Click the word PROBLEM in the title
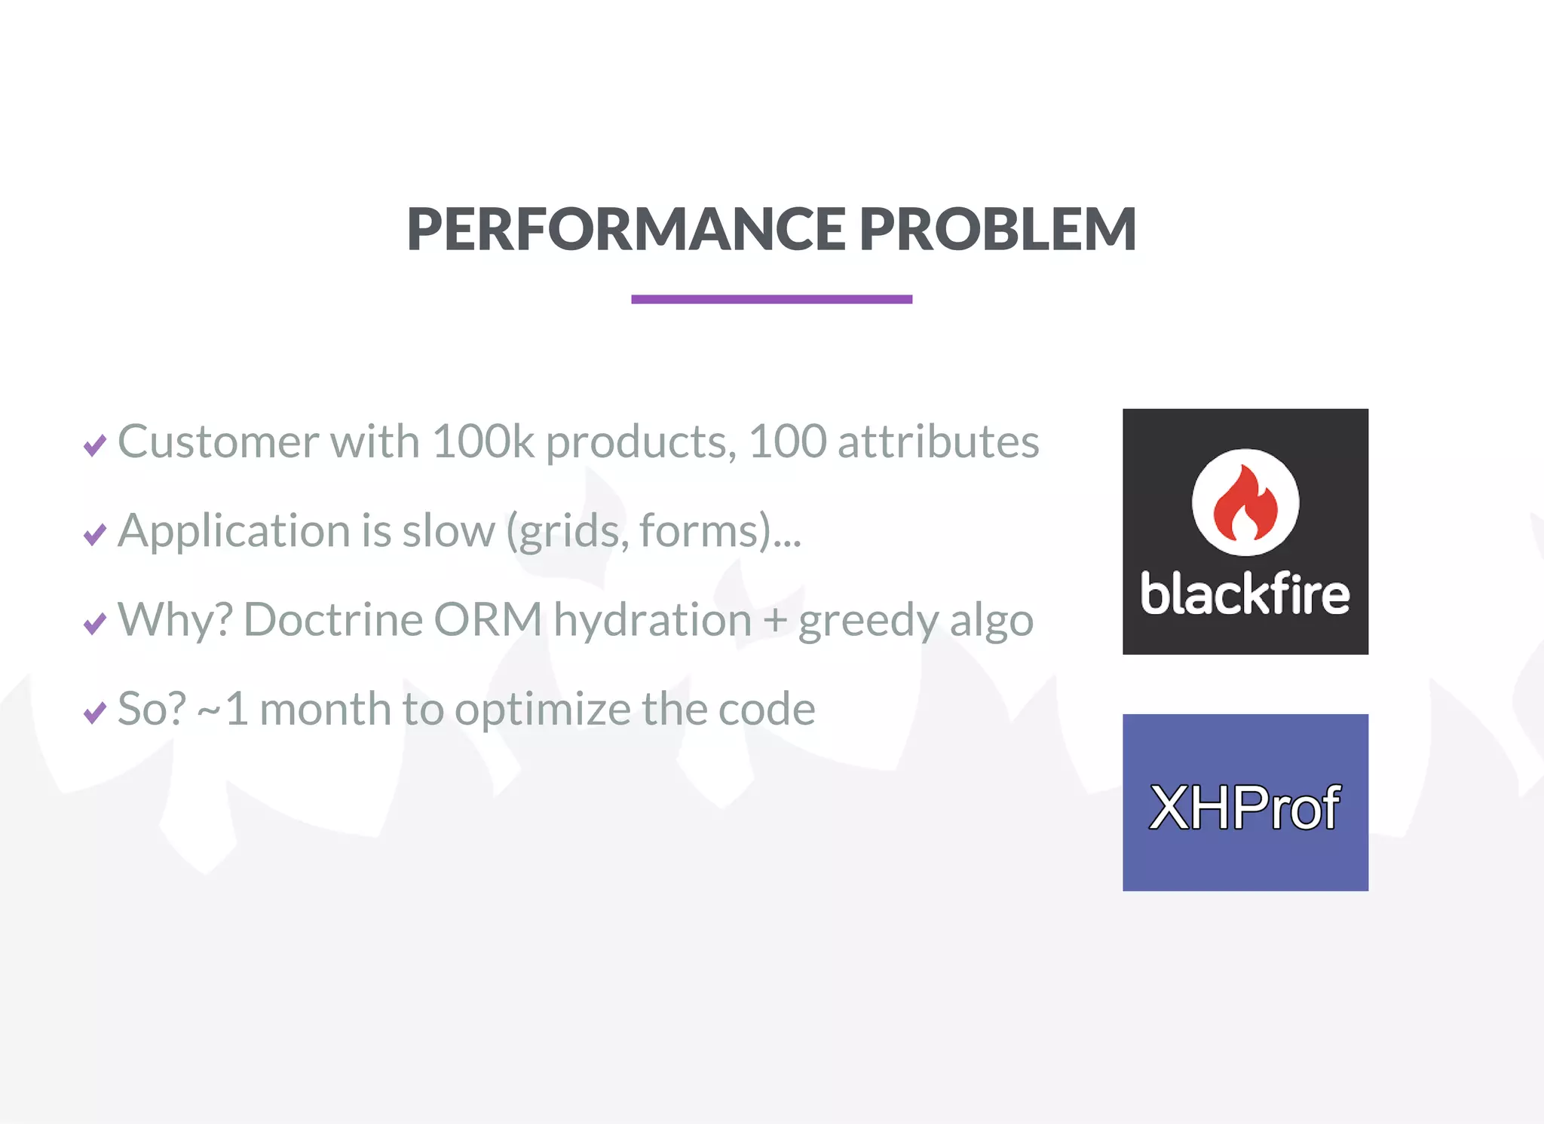pyautogui.click(x=997, y=229)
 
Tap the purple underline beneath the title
pyautogui.click(x=771, y=299)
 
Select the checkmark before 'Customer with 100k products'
pyautogui.click(x=95, y=445)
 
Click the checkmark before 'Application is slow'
pyautogui.click(x=95, y=534)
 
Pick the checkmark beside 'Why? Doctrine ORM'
pyautogui.click(x=95, y=624)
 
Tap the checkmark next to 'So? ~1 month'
pyautogui.click(x=95, y=712)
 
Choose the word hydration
pyautogui.click(x=652, y=620)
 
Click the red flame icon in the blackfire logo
pyautogui.click(x=1245, y=503)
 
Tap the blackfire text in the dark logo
pyautogui.click(x=1245, y=594)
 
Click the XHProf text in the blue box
pyautogui.click(x=1245, y=808)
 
